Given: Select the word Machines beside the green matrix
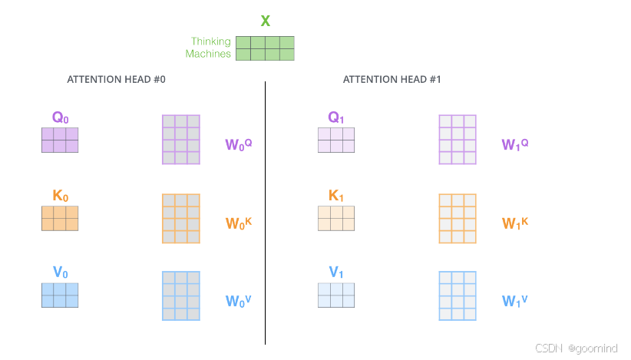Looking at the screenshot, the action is [208, 54].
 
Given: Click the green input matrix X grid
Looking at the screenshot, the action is [265, 48].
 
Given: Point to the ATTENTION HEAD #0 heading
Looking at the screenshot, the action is [116, 79].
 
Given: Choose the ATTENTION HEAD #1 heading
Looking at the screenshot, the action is [391, 79].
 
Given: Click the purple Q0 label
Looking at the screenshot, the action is [60, 117].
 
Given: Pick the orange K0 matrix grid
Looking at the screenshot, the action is [60, 218].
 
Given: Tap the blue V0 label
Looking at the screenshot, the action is [60, 272].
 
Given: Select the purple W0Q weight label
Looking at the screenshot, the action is [238, 143].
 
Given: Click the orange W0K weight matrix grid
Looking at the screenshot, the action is [181, 218].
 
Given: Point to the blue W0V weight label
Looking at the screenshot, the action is [238, 300].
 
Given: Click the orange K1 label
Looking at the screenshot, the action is [336, 196].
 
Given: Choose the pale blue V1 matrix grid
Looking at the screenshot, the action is [336, 296].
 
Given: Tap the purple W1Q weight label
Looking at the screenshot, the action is [514, 143].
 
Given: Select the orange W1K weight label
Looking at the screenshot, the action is [514, 223].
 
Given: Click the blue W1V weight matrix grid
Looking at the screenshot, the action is [458, 296].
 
